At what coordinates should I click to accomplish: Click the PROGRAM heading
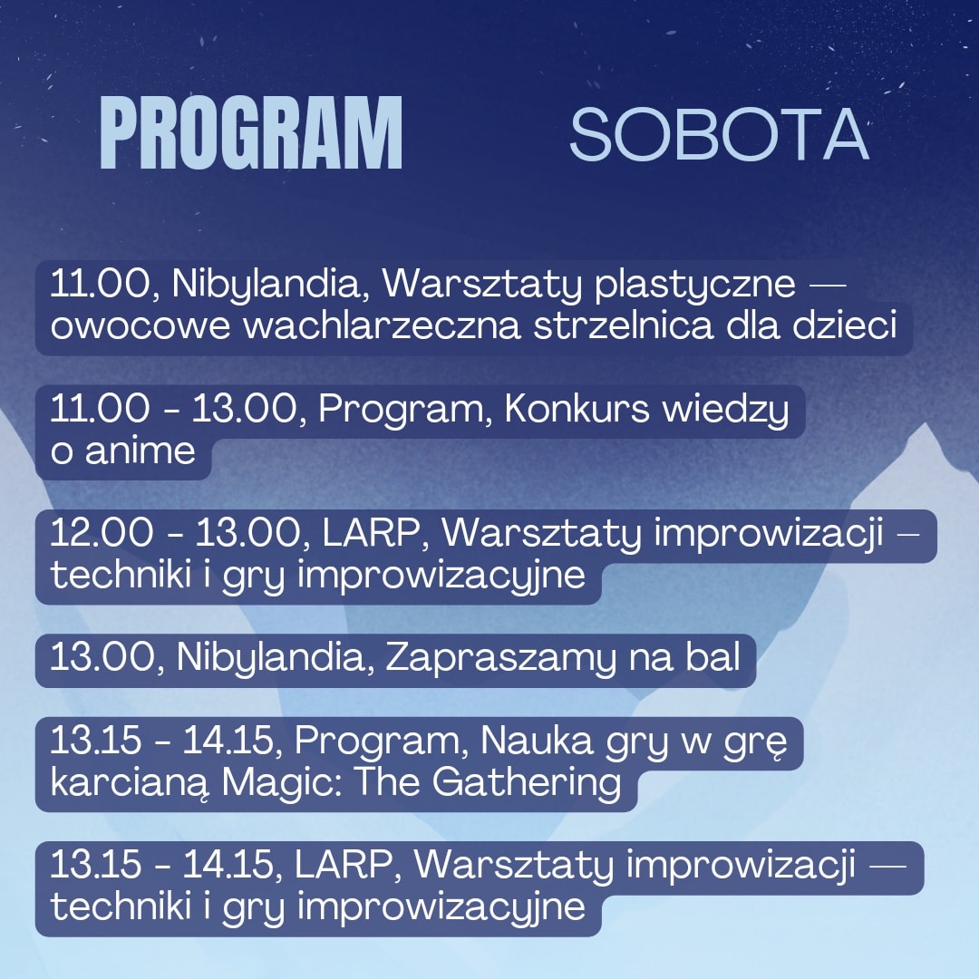pyautogui.click(x=251, y=133)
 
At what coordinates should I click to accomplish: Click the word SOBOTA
pyautogui.click(x=719, y=135)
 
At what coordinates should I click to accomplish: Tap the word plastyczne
pyautogui.click(x=695, y=285)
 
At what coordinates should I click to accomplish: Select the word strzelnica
pyautogui.click(x=623, y=325)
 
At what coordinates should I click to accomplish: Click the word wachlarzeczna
pyautogui.click(x=382, y=325)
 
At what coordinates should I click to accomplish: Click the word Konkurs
pyautogui.click(x=577, y=410)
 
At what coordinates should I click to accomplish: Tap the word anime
pyautogui.click(x=140, y=451)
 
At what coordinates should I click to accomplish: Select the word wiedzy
pyautogui.click(x=725, y=411)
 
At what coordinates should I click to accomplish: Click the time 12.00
pyautogui.click(x=102, y=534)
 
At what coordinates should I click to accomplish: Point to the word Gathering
pyautogui.click(x=527, y=783)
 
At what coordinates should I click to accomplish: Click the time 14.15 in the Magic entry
pyautogui.click(x=228, y=742)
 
